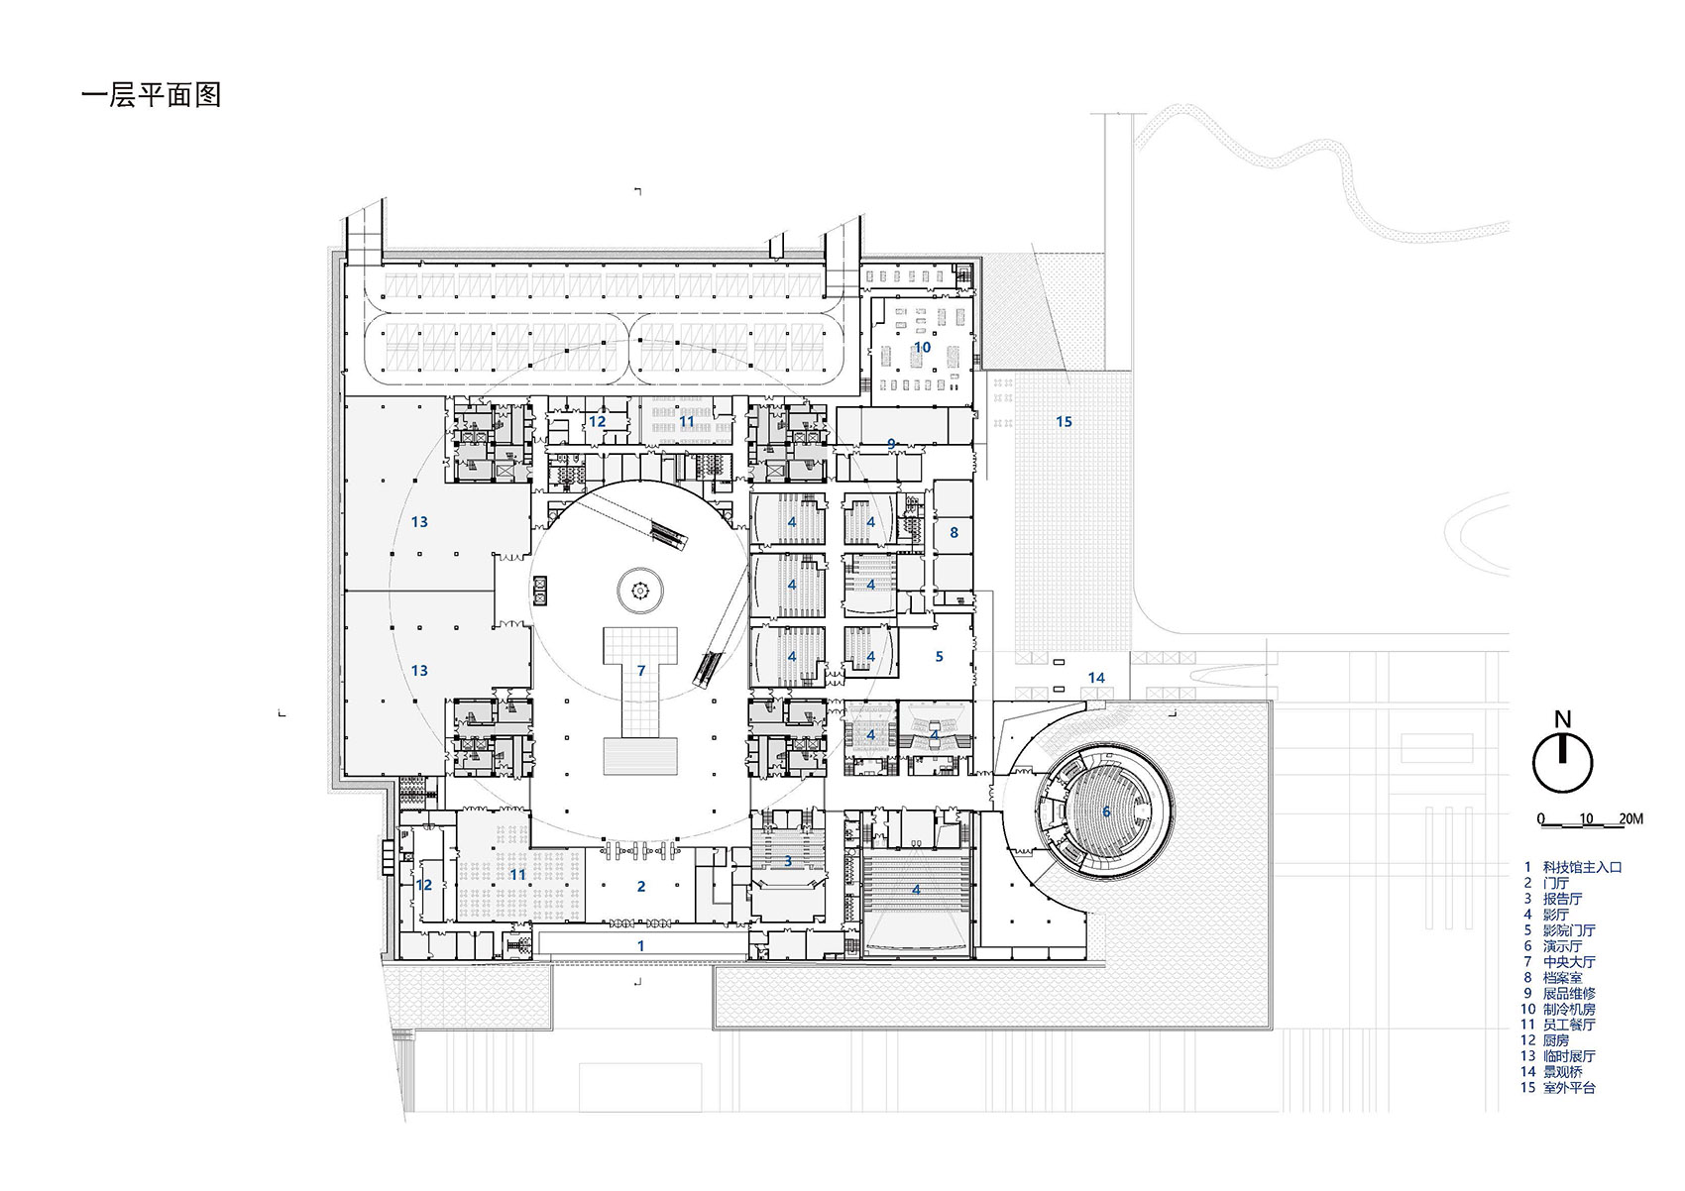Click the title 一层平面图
[x=151, y=95]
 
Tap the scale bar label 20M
[x=1630, y=818]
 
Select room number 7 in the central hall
[x=641, y=671]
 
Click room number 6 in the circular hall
[x=1107, y=812]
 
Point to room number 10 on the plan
[x=922, y=347]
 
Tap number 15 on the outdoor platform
[x=1064, y=421]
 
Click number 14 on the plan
[x=1096, y=678]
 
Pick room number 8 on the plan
[x=954, y=532]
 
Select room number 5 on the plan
[x=940, y=656]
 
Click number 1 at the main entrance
[x=640, y=945]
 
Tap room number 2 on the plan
[x=641, y=886]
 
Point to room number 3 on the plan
[x=788, y=861]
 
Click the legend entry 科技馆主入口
[x=1582, y=867]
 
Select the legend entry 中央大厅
[x=1569, y=961]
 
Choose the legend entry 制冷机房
[x=1569, y=1009]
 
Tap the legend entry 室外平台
[x=1569, y=1087]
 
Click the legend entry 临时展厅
[x=1569, y=1056]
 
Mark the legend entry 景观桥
[x=1563, y=1071]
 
